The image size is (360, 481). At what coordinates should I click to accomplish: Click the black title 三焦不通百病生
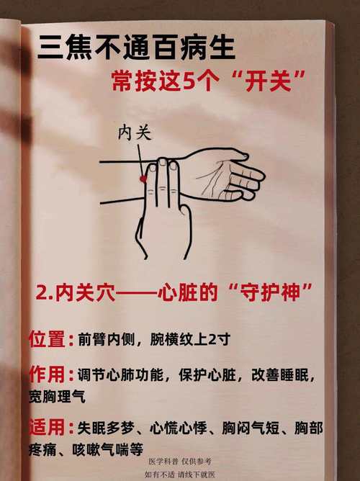(x=137, y=50)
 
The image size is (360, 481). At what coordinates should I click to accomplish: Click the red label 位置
(x=48, y=338)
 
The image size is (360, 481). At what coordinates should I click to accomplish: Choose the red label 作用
(x=48, y=374)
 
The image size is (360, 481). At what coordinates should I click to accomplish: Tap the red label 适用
(x=48, y=428)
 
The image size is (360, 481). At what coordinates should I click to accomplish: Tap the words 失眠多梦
(x=103, y=428)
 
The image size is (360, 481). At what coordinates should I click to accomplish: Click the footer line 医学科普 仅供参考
(x=179, y=461)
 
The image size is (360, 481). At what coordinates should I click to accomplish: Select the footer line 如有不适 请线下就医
(x=179, y=475)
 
